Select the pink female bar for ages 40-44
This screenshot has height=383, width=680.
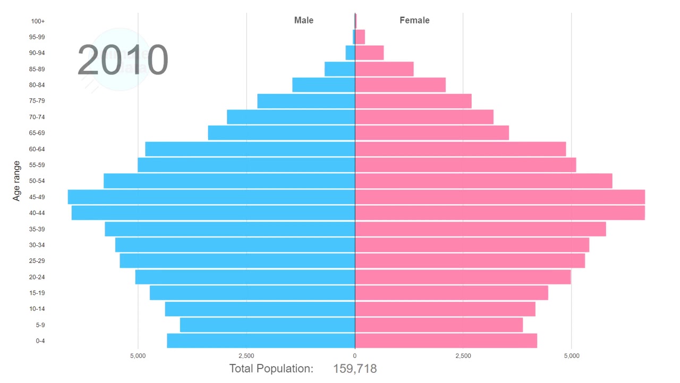pyautogui.click(x=499, y=213)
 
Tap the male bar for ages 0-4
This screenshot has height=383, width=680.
pyautogui.click(x=260, y=341)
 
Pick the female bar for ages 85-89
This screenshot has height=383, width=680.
pyautogui.click(x=384, y=69)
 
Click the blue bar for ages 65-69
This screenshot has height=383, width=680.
pyautogui.click(x=281, y=133)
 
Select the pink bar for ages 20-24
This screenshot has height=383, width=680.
pyautogui.click(x=463, y=277)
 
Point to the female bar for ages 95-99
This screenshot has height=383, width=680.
pyautogui.click(x=360, y=37)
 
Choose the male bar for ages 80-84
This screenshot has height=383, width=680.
pyautogui.click(x=323, y=85)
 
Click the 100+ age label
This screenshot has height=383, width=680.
pyautogui.click(x=38, y=21)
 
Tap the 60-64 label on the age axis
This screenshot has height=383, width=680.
pyautogui.click(x=37, y=149)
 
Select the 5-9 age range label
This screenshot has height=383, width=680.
pyautogui.click(x=40, y=325)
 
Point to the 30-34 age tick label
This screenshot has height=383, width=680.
pyautogui.click(x=37, y=245)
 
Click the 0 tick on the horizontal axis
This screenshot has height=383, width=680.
pyautogui.click(x=355, y=355)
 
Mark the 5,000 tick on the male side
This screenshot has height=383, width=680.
pyautogui.click(x=138, y=355)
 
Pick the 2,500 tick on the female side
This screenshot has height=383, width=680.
pyautogui.click(x=463, y=355)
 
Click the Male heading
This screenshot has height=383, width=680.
pyautogui.click(x=304, y=20)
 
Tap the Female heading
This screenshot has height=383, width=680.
pyautogui.click(x=414, y=20)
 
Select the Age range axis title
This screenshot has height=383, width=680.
pyautogui.click(x=16, y=181)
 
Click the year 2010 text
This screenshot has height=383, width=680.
pyautogui.click(x=123, y=60)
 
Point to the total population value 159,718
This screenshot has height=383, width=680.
pyautogui.click(x=355, y=369)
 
